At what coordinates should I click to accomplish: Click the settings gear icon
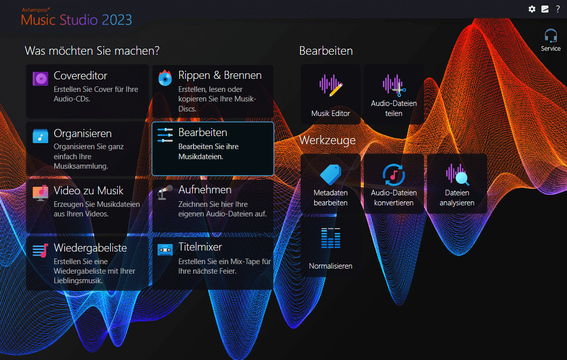tap(532, 9)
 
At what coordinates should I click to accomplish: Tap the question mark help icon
tap(558, 9)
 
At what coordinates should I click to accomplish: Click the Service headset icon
tap(551, 36)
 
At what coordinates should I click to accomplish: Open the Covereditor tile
tap(87, 91)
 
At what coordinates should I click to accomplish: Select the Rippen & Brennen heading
tap(220, 75)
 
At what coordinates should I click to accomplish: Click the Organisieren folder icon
tap(40, 136)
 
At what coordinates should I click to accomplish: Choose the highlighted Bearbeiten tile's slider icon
tap(165, 135)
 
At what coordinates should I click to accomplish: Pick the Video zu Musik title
tap(89, 190)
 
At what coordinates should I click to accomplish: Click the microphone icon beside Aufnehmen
tap(165, 192)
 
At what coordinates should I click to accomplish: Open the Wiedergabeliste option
tap(87, 264)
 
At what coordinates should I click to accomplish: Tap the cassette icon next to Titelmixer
tap(165, 250)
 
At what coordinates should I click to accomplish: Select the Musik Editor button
tap(331, 94)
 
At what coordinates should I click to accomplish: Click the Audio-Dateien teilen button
tap(394, 94)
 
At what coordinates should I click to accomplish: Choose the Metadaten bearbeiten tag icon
tap(331, 174)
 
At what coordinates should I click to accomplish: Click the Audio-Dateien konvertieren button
tap(394, 184)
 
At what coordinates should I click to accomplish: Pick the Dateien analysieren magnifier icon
tap(457, 174)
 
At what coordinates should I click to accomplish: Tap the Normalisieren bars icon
tap(331, 238)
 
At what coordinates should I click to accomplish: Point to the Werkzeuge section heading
tap(327, 140)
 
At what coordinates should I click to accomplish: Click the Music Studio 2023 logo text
tap(76, 20)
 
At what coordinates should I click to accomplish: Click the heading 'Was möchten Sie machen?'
tap(92, 51)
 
